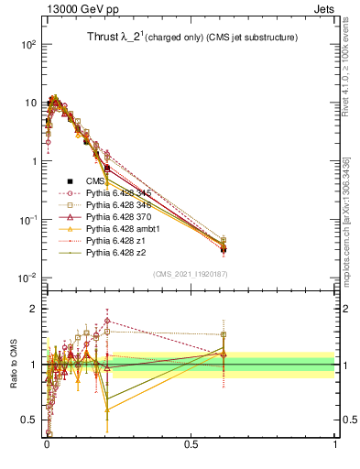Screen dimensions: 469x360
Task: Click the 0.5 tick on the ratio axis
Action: (x=29, y=420)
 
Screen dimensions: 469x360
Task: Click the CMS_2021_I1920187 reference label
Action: (x=190, y=272)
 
